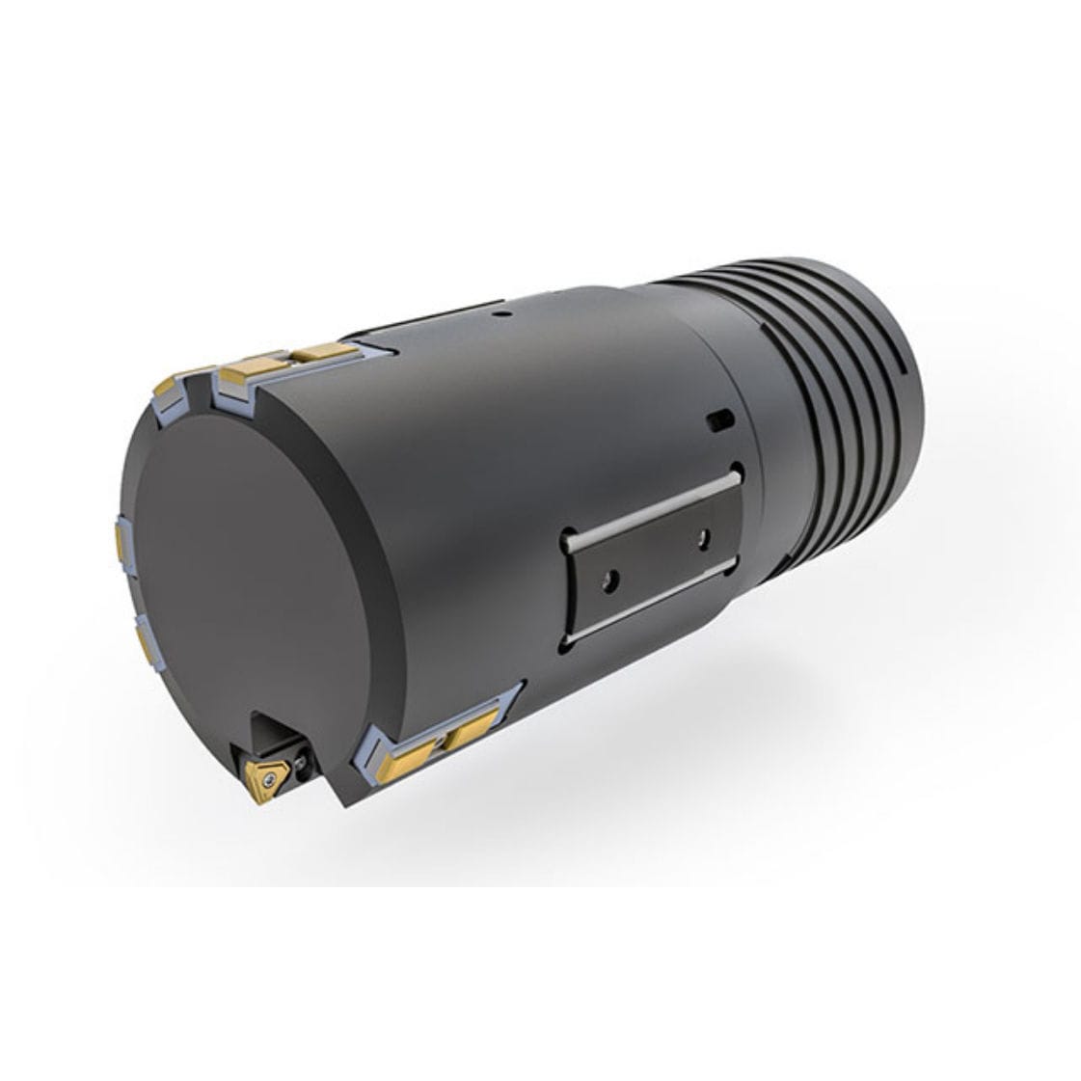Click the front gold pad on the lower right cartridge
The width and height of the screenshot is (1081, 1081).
pos(413,745)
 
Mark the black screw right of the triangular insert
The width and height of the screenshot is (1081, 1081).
pos(305,763)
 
